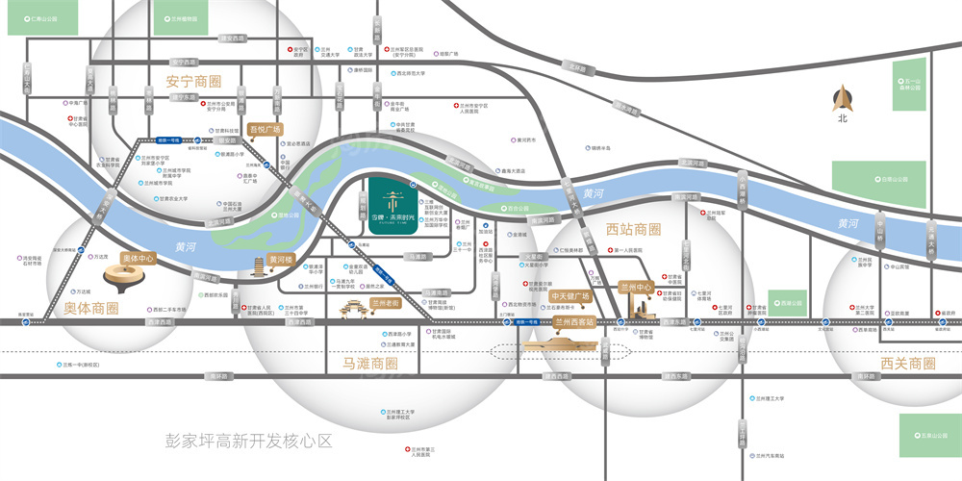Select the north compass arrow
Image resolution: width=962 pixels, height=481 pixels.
point(842,100)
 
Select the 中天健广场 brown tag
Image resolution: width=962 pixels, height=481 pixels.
point(570,296)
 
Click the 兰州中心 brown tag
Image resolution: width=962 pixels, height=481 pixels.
point(636,287)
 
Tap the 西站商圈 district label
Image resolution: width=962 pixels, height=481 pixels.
point(634,230)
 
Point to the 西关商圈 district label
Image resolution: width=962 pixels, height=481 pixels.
point(907,364)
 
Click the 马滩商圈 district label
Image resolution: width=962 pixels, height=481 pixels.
point(370,364)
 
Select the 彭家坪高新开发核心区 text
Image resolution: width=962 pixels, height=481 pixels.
point(248,442)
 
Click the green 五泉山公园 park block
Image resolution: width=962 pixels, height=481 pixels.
point(929,436)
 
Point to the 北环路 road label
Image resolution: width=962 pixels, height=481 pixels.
point(576,68)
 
